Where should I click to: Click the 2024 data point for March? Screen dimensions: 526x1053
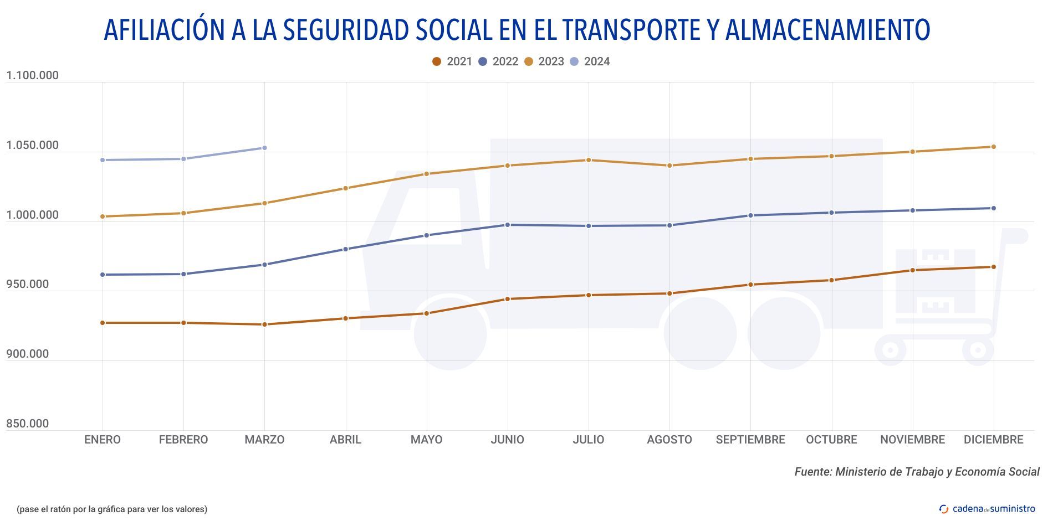264,148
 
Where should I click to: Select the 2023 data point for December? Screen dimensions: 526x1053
993,147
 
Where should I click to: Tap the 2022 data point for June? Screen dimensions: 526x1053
507,225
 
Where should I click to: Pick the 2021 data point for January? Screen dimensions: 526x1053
103,323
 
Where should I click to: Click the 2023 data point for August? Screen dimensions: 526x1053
669,166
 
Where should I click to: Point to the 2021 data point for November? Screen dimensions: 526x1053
912,270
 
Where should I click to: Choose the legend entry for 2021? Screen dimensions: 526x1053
452,61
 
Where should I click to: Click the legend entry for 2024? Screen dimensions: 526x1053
590,61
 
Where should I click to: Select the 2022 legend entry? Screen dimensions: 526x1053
498,61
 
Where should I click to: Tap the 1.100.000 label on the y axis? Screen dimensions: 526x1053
32,76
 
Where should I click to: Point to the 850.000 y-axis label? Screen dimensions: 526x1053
28,424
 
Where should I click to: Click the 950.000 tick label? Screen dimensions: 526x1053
28,284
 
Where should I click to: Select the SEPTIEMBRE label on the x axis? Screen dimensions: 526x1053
750,440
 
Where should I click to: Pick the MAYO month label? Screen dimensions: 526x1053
426,440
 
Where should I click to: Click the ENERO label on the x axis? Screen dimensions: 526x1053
103,440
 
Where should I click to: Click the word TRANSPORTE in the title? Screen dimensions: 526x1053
631,30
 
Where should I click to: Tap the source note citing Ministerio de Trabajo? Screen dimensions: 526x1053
917,472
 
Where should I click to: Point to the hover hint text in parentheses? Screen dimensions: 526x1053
112,509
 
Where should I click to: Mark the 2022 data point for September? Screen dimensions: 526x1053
750,215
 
